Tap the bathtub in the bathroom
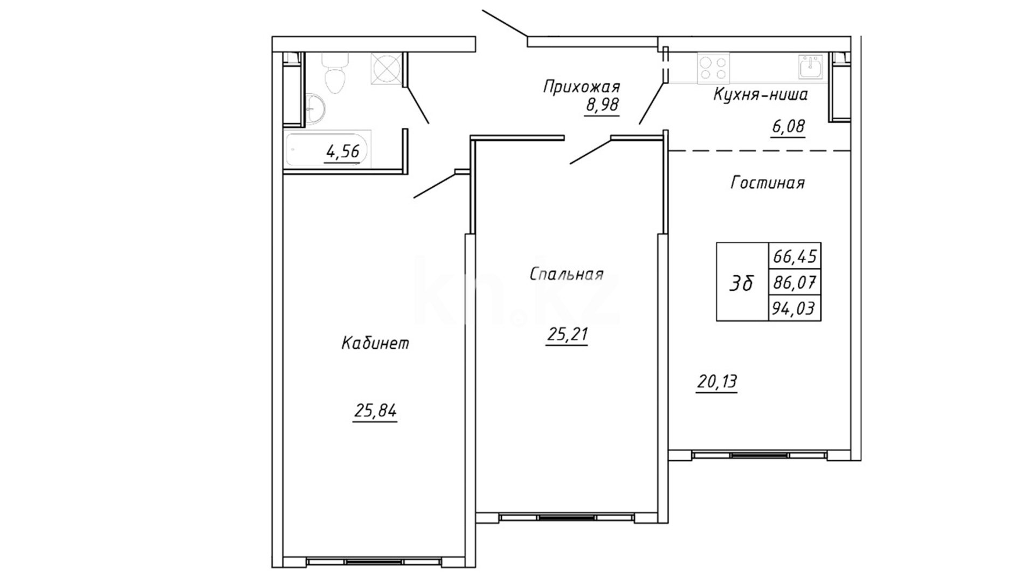coord(328,149)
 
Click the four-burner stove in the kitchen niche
coord(713,68)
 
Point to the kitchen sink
coord(810,67)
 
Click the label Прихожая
coord(582,87)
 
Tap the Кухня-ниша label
coord(761,95)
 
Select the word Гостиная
coord(768,183)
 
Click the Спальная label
coord(567,274)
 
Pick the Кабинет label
coord(375,343)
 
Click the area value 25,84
coord(375,411)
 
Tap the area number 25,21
coord(567,335)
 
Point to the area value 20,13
coord(717,382)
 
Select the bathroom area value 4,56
coord(342,152)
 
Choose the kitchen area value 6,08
coord(788,127)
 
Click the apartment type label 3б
coord(741,283)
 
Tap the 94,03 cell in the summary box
coord(795,308)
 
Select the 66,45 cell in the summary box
coord(795,255)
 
